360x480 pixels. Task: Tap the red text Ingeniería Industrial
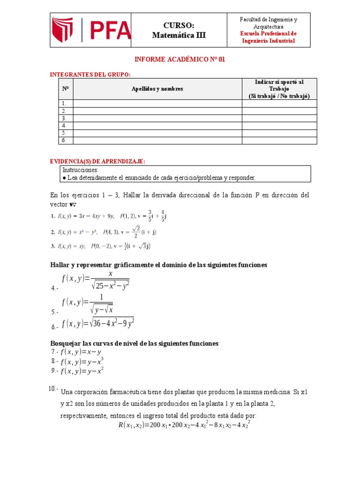268,41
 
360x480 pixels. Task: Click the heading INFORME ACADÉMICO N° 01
180,60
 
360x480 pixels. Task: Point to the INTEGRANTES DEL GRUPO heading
90,75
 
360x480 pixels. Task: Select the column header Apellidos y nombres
157,89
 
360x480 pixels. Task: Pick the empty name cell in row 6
157,140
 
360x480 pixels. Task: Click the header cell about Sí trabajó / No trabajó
279,89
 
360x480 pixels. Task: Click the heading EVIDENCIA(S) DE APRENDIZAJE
97,161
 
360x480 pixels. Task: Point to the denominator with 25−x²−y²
111,285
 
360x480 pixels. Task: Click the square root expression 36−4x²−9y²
113,323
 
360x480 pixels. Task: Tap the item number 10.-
53,389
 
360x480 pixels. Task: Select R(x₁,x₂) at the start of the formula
131,425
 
